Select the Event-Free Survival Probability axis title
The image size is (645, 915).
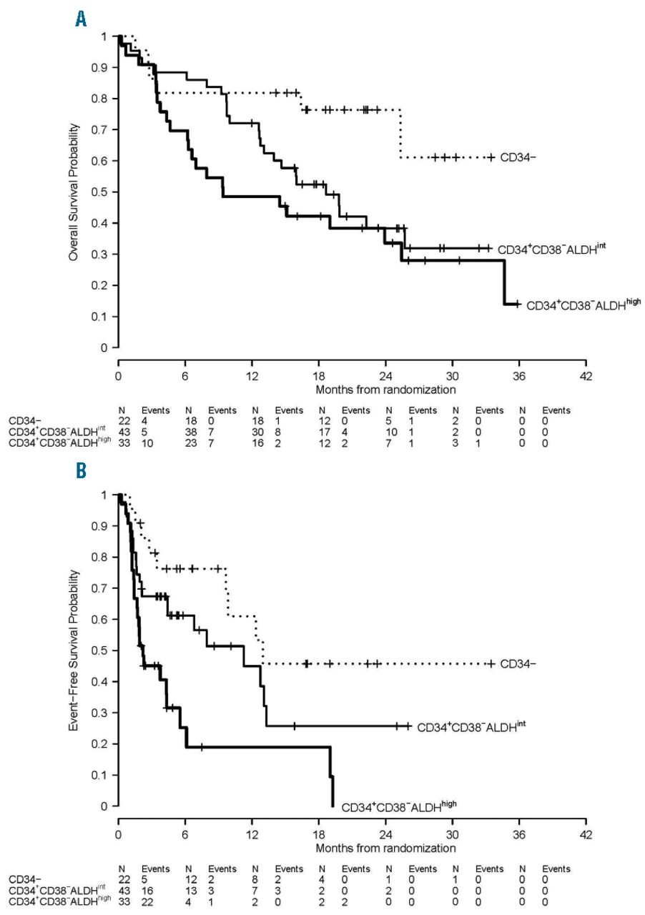(74, 651)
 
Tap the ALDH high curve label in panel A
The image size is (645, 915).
(583, 304)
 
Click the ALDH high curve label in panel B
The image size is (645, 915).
(398, 806)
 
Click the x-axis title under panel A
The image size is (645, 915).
(385, 390)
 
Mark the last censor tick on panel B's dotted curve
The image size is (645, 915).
(491, 664)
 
